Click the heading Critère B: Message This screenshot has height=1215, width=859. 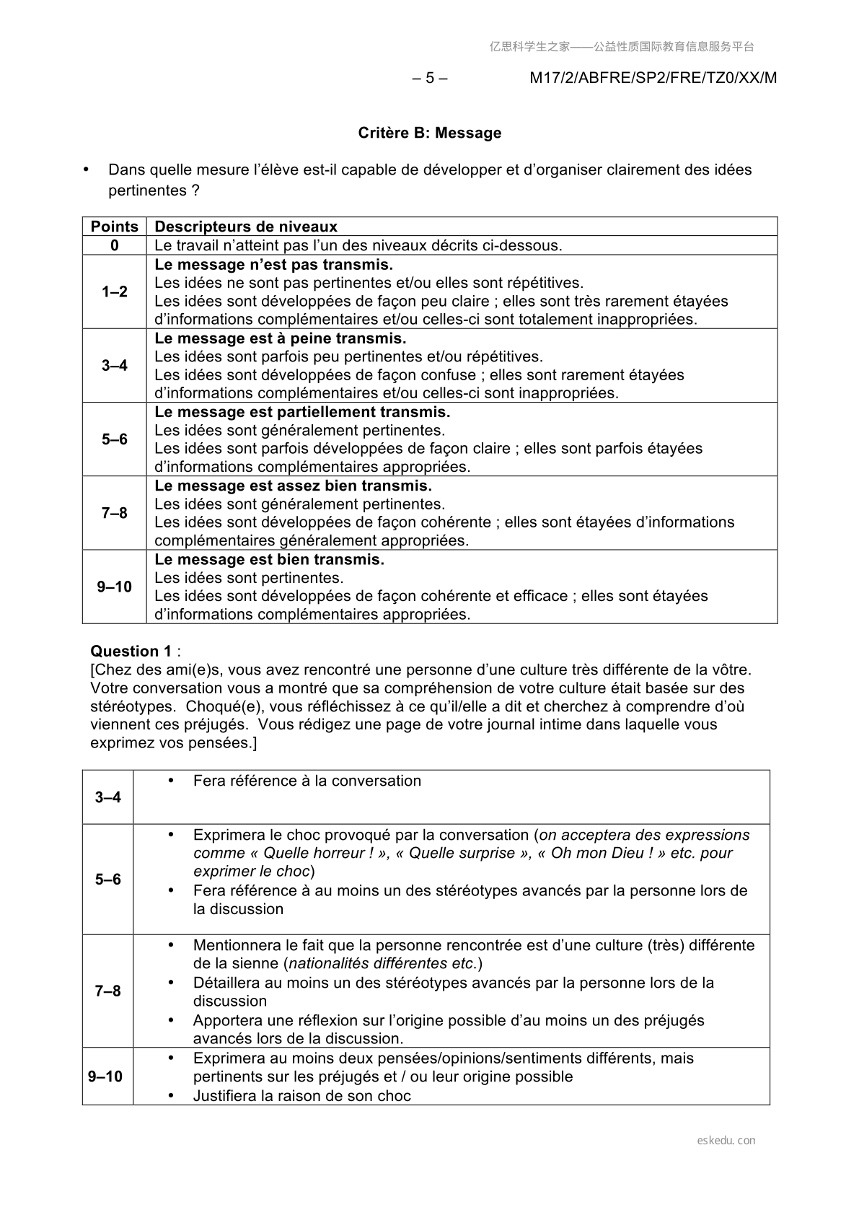point(429,133)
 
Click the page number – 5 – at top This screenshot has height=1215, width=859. point(429,78)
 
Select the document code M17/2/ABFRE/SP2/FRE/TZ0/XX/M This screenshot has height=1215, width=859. point(653,78)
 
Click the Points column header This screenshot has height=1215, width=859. point(115,227)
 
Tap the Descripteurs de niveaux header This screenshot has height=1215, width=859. point(246,227)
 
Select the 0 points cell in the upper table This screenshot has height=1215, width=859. point(115,245)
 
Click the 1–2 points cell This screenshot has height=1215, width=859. point(115,291)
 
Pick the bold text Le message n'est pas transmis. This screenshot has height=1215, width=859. point(274,265)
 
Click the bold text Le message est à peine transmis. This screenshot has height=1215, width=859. point(281,338)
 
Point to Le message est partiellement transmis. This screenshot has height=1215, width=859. point(302,412)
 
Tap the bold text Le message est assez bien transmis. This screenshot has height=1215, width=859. point(293,486)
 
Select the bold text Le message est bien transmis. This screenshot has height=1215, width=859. point(269,559)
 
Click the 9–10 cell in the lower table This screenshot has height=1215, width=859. point(105,1076)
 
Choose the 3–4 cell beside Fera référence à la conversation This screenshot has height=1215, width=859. point(108,797)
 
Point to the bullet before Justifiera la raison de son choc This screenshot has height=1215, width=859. point(171,1095)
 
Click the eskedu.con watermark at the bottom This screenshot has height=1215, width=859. point(726,1141)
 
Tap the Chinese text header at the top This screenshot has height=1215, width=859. point(622,47)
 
